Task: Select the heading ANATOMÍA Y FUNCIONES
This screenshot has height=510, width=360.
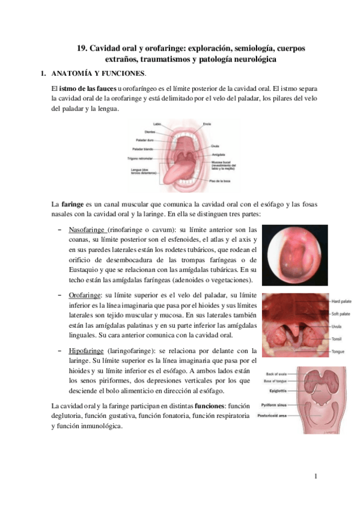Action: click(98, 74)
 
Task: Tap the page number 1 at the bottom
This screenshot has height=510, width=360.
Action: click(315, 477)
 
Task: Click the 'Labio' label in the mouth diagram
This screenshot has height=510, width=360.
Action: click(158, 124)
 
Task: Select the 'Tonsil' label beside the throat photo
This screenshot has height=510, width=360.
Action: click(337, 339)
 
